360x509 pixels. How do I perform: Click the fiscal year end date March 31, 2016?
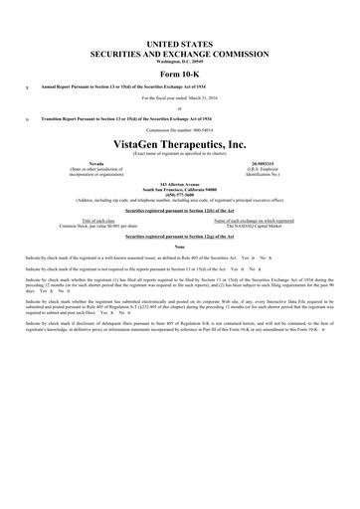pos(179,99)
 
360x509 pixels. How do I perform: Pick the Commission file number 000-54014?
pos(179,130)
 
